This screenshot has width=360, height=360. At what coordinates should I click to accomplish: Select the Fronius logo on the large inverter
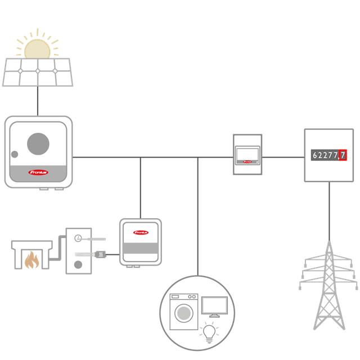[x=38, y=172]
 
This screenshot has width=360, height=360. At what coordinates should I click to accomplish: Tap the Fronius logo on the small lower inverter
[x=141, y=232]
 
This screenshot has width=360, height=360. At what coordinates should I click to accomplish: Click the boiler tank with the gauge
[x=78, y=250]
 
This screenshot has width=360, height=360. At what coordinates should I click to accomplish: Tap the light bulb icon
[x=209, y=332]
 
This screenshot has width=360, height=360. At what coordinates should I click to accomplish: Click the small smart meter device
[x=247, y=155]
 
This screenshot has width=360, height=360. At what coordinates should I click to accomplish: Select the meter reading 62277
[x=325, y=155]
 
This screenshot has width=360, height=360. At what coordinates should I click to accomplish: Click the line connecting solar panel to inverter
[x=38, y=102]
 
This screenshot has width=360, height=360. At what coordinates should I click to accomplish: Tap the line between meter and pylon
[x=329, y=208]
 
